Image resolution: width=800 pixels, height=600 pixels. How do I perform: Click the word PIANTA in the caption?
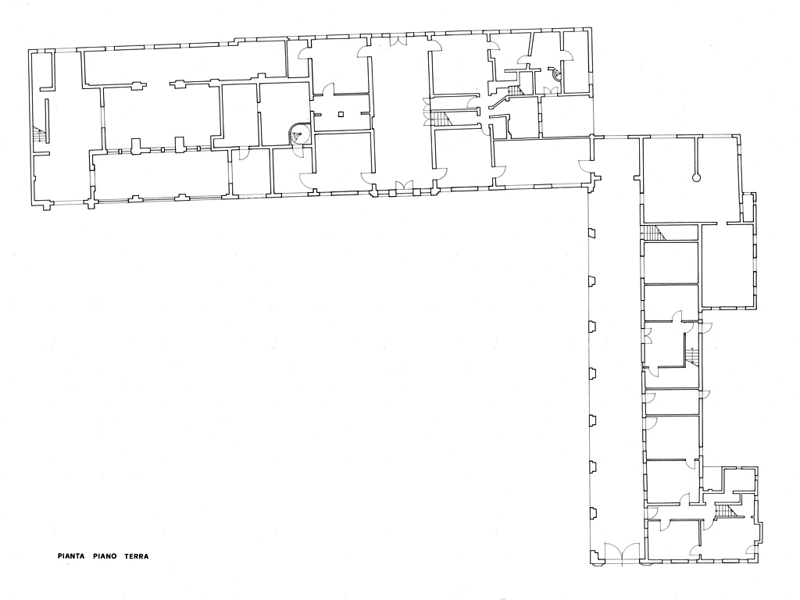71,556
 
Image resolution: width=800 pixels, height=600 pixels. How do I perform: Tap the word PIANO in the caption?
105,556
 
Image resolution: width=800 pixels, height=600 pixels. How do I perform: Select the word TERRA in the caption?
137,556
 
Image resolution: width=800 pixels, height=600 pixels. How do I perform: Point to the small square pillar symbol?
341,114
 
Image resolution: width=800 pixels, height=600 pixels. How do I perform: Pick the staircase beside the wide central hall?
441,120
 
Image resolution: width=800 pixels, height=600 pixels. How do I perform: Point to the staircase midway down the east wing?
691,355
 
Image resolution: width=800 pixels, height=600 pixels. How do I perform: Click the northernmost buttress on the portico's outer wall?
592,233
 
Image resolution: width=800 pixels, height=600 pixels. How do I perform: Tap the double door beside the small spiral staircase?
550,91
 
